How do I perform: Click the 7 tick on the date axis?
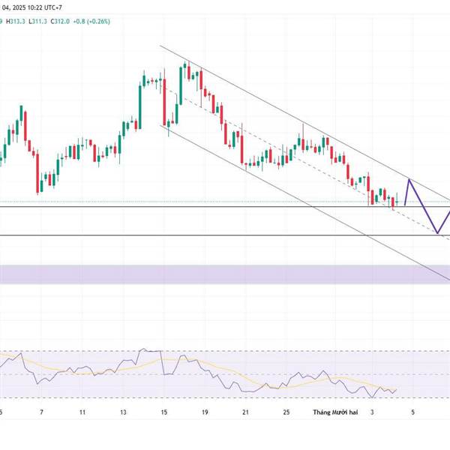41,412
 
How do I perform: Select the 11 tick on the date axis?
82,412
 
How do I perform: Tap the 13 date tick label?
123,412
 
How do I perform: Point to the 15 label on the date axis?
164,412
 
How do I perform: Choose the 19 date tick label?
205,412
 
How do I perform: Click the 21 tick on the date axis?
245,412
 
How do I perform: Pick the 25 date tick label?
286,412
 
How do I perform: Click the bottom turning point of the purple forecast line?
437,233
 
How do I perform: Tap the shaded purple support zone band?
225,274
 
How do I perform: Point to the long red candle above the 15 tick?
164,102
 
